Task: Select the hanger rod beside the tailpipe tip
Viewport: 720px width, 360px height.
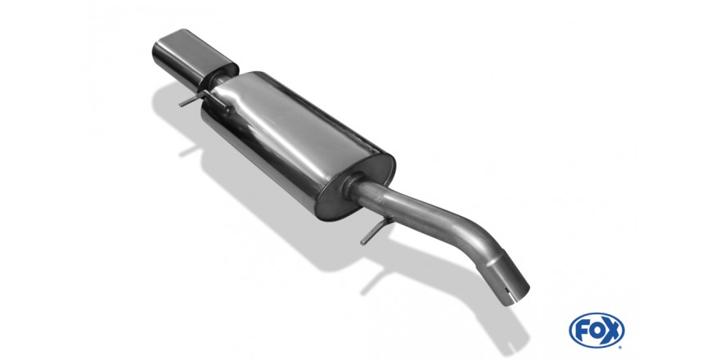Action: (x=202, y=101)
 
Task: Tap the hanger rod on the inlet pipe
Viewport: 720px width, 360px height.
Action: (x=376, y=231)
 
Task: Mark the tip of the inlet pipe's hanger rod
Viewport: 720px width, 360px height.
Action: (x=362, y=242)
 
